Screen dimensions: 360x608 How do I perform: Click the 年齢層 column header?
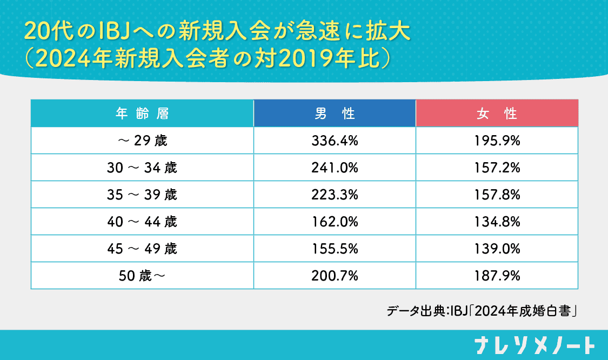[142, 114]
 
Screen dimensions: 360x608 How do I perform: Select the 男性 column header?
[335, 114]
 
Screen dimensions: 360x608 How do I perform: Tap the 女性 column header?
[497, 114]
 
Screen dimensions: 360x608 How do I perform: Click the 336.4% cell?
[335, 141]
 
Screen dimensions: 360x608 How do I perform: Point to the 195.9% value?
[497, 141]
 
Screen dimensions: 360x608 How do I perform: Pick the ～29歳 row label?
[142, 141]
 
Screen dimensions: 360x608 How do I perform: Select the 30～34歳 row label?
[142, 168]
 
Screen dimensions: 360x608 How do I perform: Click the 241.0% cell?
[335, 168]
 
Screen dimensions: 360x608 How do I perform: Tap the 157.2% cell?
[497, 168]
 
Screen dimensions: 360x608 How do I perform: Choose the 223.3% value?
[335, 195]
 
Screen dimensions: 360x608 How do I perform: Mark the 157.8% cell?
[497, 195]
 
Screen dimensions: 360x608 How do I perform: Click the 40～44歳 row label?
[142, 222]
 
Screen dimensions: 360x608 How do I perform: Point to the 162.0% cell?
[335, 222]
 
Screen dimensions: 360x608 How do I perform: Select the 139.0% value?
[497, 249]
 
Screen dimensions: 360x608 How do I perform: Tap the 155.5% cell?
[335, 249]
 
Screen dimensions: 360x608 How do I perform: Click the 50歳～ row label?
[142, 276]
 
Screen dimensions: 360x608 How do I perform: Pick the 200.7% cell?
[335, 276]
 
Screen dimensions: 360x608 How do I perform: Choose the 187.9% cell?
[497, 276]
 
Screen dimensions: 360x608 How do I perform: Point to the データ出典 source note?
[483, 311]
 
